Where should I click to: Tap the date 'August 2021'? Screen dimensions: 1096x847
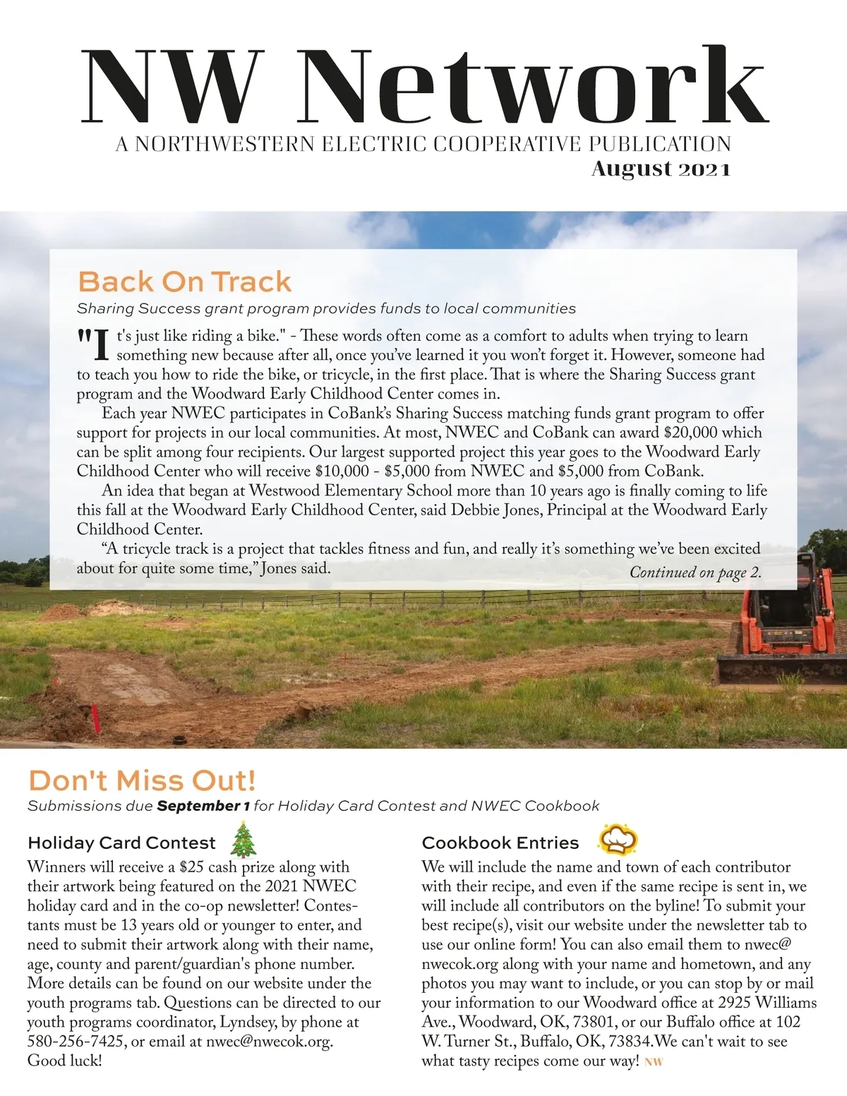pyautogui.click(x=661, y=169)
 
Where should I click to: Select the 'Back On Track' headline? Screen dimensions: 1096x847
pyautogui.click(x=184, y=282)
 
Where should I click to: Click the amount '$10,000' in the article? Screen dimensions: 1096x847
pyautogui.click(x=342, y=471)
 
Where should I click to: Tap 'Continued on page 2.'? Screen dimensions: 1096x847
pyautogui.click(x=695, y=572)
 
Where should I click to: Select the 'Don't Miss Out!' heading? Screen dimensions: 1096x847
pyautogui.click(x=142, y=781)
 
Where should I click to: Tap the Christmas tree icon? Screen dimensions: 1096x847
pyautogui.click(x=244, y=839)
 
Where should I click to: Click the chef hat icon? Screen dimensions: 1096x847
pyautogui.click(x=618, y=839)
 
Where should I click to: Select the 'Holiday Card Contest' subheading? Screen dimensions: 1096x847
pyautogui.click(x=121, y=843)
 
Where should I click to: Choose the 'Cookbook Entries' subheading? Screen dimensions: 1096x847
pyautogui.click(x=500, y=843)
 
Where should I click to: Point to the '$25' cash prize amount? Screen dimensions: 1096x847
pyautogui.click(x=191, y=867)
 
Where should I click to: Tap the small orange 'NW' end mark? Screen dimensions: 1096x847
pyautogui.click(x=654, y=1062)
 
